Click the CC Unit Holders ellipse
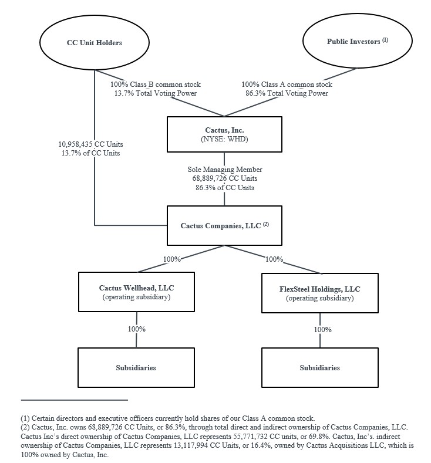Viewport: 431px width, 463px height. coord(94,42)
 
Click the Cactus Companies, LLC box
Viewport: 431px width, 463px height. coord(224,225)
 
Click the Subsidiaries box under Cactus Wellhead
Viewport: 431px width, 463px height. coord(136,368)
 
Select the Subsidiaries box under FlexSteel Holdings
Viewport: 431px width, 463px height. coord(319,368)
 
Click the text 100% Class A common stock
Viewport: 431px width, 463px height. coord(287,85)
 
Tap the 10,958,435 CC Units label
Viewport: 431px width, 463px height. coord(91,144)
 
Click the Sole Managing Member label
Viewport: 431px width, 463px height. coord(225,170)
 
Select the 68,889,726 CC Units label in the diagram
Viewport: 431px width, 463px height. coord(225,178)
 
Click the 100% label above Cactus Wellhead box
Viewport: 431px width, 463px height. coord(171,259)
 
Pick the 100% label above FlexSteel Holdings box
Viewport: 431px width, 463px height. coord(275,259)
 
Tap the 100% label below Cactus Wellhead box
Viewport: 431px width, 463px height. coord(137,329)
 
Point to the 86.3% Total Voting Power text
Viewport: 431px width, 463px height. coord(287,93)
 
